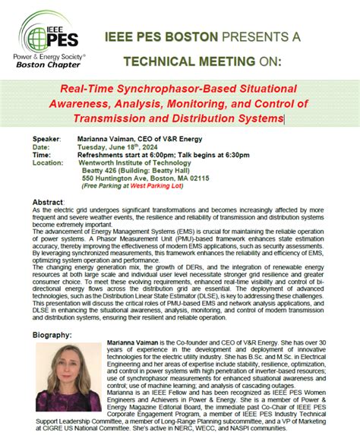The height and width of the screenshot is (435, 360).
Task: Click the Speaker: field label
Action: [47, 139]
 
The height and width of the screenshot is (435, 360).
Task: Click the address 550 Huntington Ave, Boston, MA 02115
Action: [145, 178]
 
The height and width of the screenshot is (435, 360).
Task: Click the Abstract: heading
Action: [49, 203]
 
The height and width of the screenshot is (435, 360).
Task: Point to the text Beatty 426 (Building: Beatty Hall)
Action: [137, 171]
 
